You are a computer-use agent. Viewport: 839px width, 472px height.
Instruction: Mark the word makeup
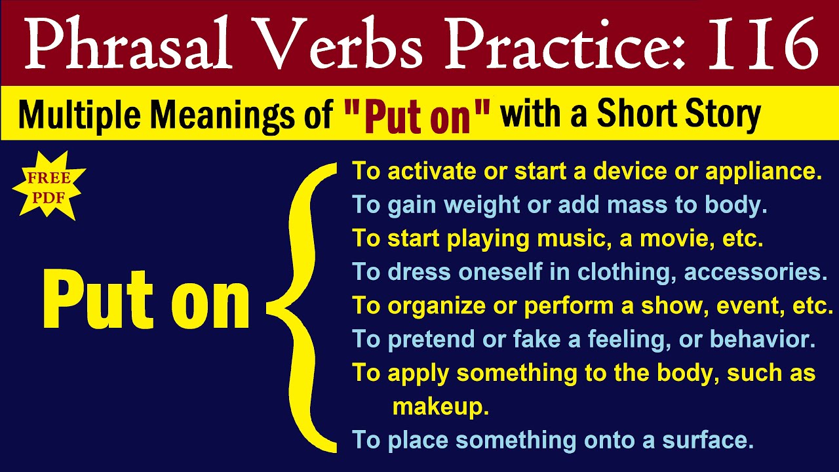pyautogui.click(x=440, y=407)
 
